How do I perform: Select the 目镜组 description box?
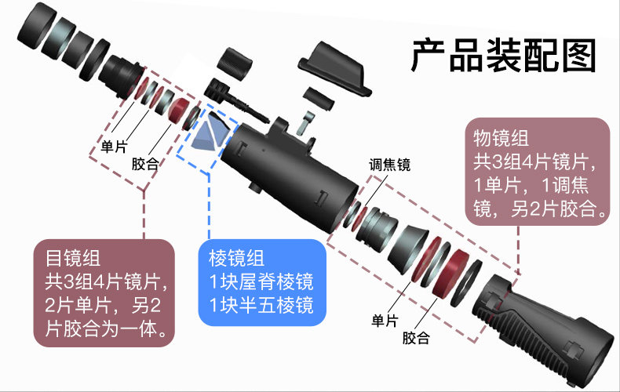[x=104, y=292]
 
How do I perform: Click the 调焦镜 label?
[x=389, y=165]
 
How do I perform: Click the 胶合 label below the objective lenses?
[x=416, y=338]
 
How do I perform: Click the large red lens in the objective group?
[x=454, y=270]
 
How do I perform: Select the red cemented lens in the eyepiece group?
[x=178, y=109]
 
